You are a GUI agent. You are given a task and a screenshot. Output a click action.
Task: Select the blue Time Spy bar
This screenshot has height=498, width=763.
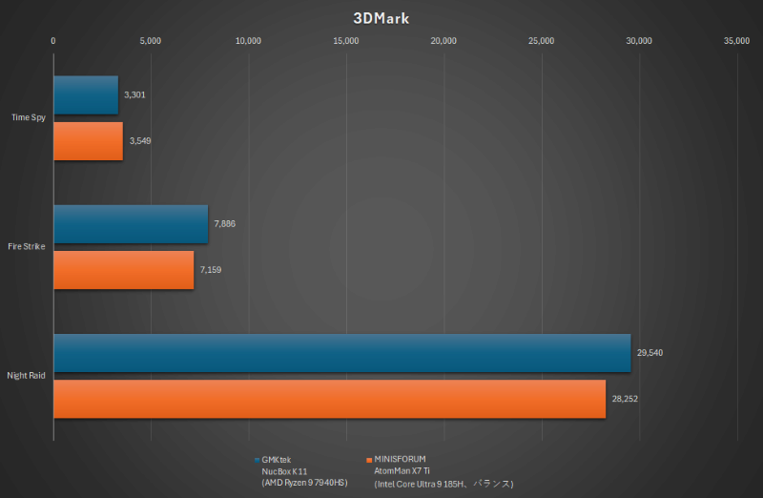coord(86,95)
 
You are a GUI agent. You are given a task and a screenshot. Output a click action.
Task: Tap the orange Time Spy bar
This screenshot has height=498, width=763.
coord(88,140)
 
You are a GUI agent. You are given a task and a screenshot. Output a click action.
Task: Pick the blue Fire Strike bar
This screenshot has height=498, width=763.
coord(131,224)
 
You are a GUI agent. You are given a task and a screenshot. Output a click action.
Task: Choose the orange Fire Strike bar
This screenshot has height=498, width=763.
coord(124,270)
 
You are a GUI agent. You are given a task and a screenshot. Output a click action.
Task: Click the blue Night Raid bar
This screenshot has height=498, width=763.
coord(341,353)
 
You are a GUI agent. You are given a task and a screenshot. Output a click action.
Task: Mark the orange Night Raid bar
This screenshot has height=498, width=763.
coord(329,399)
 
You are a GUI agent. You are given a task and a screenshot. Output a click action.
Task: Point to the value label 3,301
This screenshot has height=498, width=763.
coord(134,95)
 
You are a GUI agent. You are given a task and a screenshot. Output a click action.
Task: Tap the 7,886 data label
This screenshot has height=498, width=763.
coord(224,224)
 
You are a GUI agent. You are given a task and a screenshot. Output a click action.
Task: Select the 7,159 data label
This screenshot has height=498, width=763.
coord(211,270)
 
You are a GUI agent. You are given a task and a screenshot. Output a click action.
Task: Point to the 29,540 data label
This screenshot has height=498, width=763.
coord(649,353)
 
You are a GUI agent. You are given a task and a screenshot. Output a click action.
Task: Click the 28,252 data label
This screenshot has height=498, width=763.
coord(624,399)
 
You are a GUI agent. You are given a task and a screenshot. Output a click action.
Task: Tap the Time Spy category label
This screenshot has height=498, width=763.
coord(28,117)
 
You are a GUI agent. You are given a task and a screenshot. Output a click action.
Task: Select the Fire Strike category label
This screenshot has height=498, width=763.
coord(26,247)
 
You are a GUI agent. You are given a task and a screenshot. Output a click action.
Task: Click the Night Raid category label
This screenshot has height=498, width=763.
coord(26,376)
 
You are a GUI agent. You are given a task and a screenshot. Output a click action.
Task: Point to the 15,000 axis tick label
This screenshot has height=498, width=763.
coord(346,41)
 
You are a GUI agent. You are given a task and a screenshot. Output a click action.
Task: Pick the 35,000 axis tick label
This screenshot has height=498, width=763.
coord(736,41)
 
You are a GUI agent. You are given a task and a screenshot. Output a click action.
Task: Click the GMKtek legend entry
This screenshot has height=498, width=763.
coord(277,460)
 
